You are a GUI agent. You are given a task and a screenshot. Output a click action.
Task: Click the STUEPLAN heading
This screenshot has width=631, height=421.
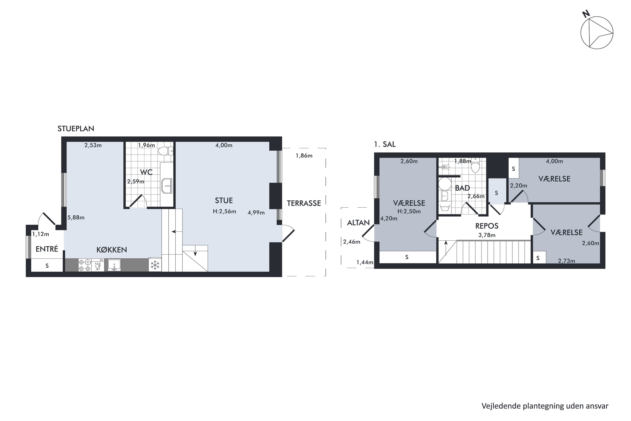pos(76,129)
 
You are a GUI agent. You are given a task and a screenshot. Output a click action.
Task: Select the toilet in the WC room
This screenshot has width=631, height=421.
pos(166,151)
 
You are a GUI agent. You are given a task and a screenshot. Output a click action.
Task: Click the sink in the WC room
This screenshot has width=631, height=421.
pos(167,185)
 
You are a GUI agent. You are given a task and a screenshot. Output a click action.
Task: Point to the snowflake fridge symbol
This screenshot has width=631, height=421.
pos(155,265)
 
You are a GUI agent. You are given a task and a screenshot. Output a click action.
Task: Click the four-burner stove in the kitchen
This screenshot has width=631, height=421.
pos(85,265)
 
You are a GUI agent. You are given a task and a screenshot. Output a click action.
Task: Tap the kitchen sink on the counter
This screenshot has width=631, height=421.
pos(114,265)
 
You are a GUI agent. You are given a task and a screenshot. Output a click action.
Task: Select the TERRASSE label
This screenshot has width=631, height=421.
pos(304,203)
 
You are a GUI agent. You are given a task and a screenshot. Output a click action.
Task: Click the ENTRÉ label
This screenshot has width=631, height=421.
pos(47,249)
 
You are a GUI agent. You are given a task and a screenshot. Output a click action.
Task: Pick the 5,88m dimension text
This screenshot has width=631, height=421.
pos(76,217)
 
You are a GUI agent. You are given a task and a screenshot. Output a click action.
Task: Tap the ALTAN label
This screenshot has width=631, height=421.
pos(358,222)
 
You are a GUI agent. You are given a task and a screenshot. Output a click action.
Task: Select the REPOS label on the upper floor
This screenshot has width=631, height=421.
pos(487,226)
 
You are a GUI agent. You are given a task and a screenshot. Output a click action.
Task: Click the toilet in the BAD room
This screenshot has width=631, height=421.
pos(475,165)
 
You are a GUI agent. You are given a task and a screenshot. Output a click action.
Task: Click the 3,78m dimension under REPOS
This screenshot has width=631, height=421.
pos(487,235)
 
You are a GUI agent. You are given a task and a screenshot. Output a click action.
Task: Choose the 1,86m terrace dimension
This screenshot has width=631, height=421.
pos(304,156)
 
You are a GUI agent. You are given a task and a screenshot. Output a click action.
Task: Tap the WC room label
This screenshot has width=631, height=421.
pos(146,172)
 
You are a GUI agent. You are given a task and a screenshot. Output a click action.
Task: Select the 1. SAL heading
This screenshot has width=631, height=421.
pos(385,144)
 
